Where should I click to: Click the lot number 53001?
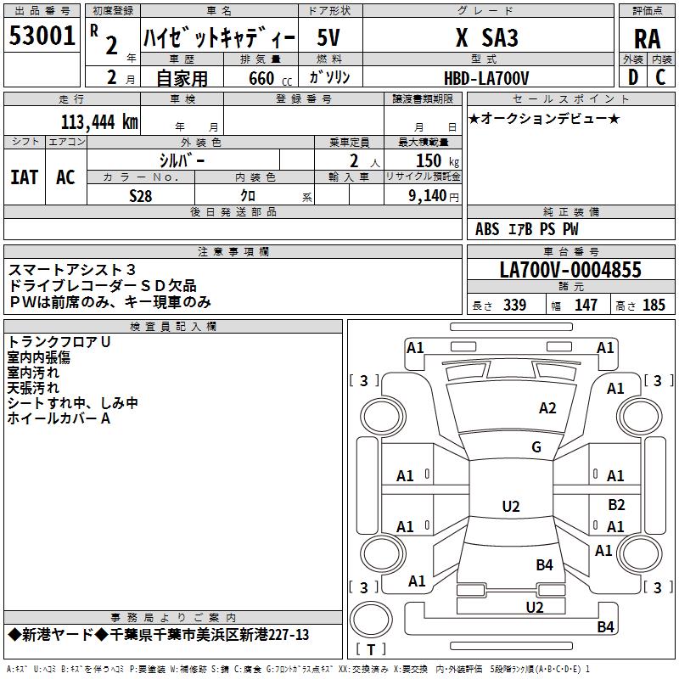(41, 36)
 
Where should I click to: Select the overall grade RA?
(647, 38)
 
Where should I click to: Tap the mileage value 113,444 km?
(99, 122)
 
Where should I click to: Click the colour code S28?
(141, 195)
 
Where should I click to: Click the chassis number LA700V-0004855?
(570, 270)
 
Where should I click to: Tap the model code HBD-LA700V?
(486, 78)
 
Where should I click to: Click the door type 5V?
(330, 38)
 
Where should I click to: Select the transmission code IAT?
(25, 177)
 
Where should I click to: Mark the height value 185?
(654, 306)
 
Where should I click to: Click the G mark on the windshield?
(536, 447)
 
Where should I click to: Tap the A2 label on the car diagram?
(547, 408)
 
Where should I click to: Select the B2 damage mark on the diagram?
(616, 505)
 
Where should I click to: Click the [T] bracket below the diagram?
(370, 649)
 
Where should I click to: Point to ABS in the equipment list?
(487, 229)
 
